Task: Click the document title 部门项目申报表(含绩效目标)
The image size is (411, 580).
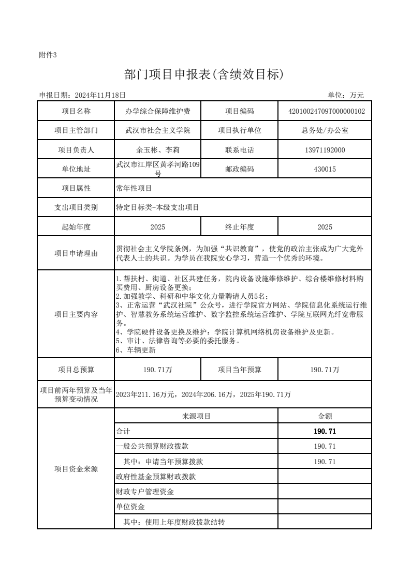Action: [204, 75]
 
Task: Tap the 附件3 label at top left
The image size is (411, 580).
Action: [48, 55]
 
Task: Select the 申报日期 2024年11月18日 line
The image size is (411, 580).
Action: [83, 95]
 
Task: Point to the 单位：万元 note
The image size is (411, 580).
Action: [346, 95]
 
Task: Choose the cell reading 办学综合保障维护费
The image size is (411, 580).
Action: [157, 111]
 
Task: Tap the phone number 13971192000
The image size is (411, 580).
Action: [325, 150]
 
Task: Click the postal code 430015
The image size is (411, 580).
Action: [325, 169]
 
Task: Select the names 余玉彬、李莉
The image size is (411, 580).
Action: [157, 150]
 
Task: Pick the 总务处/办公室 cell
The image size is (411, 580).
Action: [325, 130]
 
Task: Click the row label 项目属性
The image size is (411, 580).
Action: [76, 188]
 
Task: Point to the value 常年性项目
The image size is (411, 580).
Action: [134, 188]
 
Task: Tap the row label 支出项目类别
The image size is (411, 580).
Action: [76, 207]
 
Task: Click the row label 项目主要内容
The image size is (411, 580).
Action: [76, 314]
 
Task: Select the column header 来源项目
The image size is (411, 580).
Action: [196, 416]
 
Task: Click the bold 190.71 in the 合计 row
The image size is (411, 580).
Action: [325, 431]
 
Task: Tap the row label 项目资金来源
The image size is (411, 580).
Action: [76, 469]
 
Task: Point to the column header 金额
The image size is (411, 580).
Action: [325, 416]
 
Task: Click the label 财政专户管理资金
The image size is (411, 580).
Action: [145, 492]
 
